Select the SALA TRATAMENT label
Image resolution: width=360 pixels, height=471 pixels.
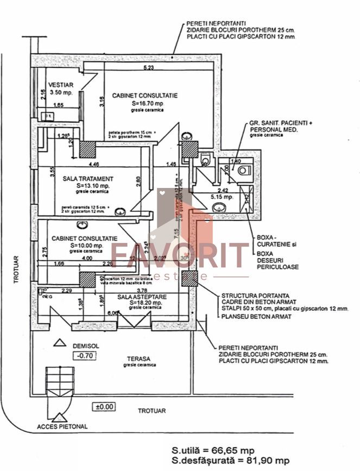coord(87,178)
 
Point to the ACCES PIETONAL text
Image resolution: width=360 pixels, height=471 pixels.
coord(62,426)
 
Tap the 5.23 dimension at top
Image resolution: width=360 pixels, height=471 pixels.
coord(148,68)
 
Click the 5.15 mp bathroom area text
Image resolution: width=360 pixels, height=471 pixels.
coord(222,197)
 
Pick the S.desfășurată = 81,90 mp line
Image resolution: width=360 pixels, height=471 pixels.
coord(230,461)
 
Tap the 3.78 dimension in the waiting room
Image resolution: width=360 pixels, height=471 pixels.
coord(141,290)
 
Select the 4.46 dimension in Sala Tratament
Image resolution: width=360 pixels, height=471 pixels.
coord(94,164)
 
